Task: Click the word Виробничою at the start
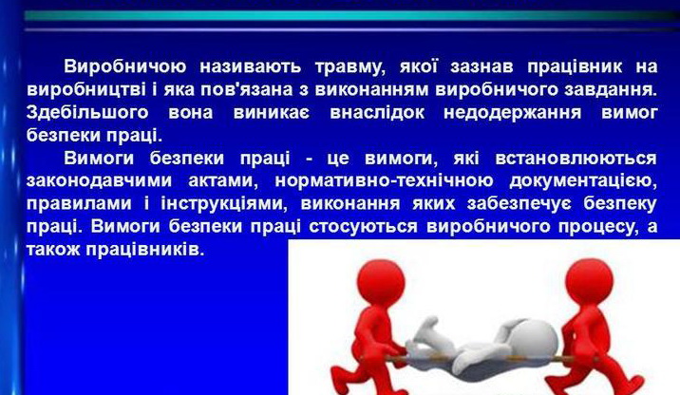(x=125, y=66)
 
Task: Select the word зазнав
(x=482, y=66)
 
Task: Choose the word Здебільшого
(x=87, y=113)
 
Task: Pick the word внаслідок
(x=377, y=112)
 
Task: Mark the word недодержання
(x=512, y=113)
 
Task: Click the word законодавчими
(x=99, y=180)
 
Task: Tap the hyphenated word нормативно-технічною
(x=384, y=180)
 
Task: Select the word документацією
(x=583, y=181)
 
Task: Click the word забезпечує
(x=519, y=204)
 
